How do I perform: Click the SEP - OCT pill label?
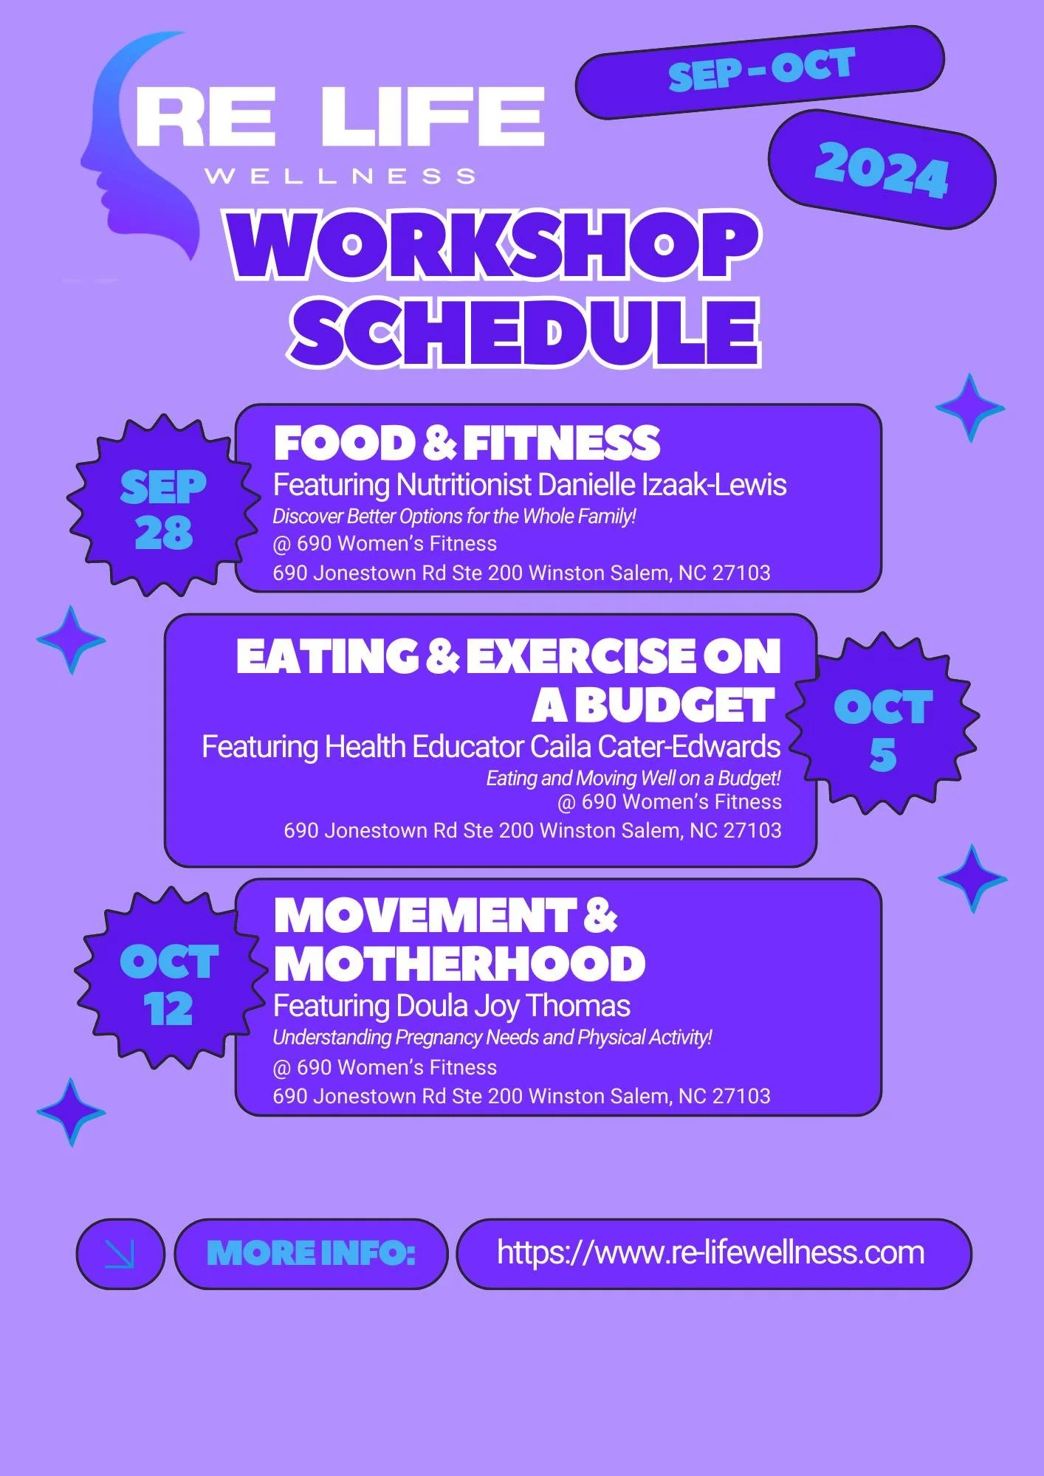[760, 71]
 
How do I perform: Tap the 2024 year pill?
[882, 170]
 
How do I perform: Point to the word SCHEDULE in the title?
[525, 332]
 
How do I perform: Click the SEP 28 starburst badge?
[162, 508]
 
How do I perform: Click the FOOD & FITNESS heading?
[466, 443]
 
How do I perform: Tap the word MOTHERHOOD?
[459, 963]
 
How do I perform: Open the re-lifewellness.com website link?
[710, 1252]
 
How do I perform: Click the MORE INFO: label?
[311, 1253]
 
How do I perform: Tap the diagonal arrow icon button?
[120, 1253]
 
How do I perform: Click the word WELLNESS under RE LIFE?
[340, 176]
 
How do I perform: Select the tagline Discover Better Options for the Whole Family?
[454, 516]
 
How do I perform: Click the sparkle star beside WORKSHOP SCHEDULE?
[969, 407]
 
